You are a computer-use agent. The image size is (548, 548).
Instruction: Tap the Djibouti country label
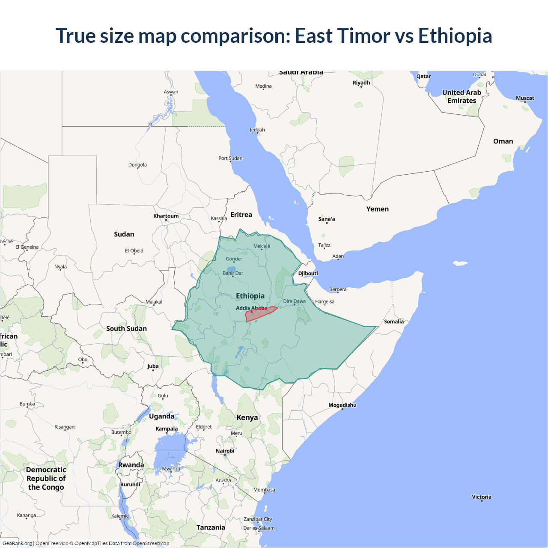(x=308, y=274)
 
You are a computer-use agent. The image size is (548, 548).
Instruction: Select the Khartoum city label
(x=166, y=216)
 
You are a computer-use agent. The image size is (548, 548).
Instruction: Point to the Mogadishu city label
(x=342, y=405)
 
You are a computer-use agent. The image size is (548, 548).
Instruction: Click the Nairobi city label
(x=225, y=451)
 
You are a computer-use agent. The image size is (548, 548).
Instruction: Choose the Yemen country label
(x=377, y=209)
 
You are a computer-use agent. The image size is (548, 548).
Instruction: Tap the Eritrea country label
(x=241, y=215)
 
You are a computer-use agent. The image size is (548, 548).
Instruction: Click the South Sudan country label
(x=126, y=328)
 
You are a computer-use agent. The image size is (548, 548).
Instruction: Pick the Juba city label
(x=153, y=366)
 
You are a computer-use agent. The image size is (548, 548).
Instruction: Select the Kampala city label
(x=167, y=429)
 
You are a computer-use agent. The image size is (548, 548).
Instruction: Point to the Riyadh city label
(x=361, y=83)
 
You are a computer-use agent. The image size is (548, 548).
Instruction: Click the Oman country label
(x=503, y=141)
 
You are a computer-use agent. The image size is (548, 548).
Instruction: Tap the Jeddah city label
(x=257, y=130)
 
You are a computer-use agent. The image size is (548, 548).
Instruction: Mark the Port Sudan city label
(x=230, y=158)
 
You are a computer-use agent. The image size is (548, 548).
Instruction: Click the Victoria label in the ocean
(x=482, y=497)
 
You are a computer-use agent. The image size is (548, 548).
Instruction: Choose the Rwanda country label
(x=131, y=465)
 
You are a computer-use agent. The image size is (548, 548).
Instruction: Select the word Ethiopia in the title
(x=455, y=36)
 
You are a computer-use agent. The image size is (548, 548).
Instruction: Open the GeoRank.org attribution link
(x=17, y=543)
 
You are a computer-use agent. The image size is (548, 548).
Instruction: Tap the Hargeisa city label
(x=325, y=302)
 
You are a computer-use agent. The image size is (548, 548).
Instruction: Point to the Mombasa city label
(x=264, y=490)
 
